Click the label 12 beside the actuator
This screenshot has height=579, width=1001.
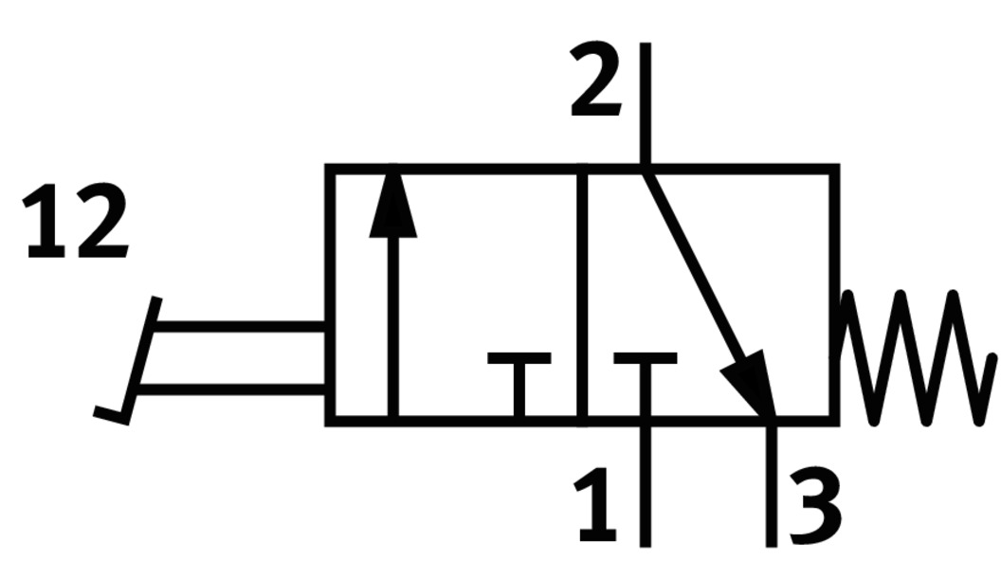pos(76,224)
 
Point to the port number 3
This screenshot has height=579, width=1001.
pos(813,510)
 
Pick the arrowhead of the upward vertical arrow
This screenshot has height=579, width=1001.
pos(392,205)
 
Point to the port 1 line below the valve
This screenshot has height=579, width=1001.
pos(645,483)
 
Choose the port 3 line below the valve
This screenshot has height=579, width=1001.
pos(772,483)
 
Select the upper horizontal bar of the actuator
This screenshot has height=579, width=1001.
pos(237,327)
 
